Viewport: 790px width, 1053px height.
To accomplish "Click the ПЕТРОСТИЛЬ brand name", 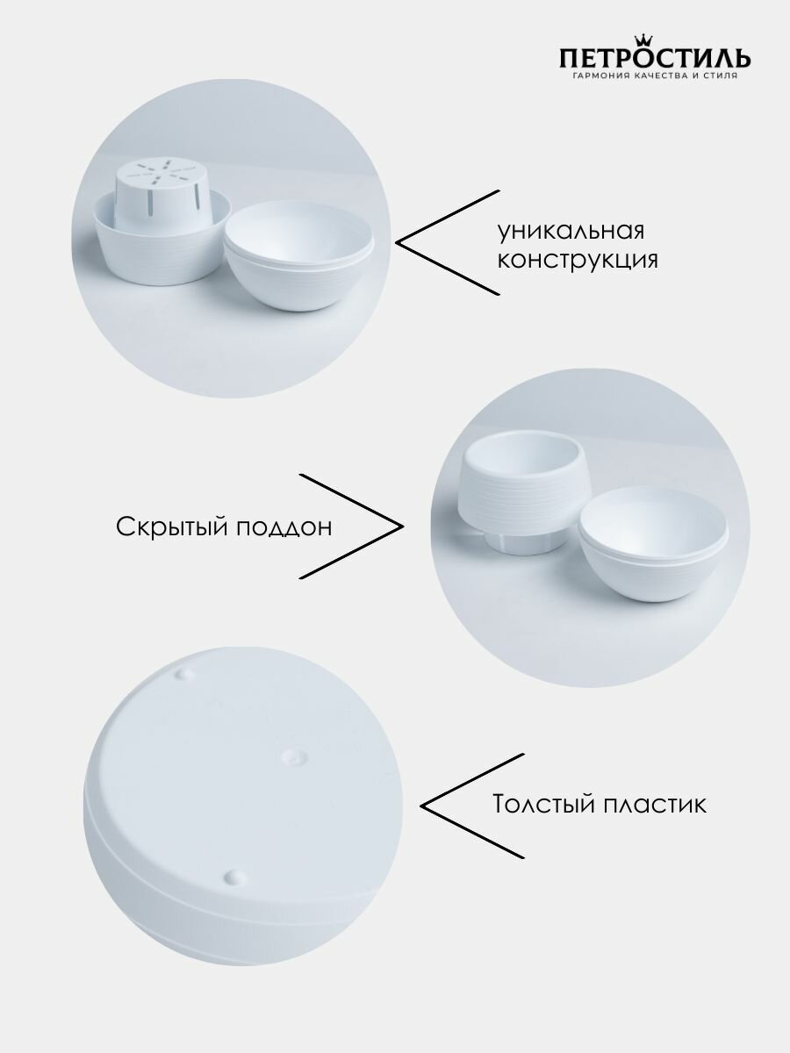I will tap(654, 59).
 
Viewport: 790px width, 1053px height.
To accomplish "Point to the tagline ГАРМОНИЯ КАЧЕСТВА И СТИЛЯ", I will tap(654, 76).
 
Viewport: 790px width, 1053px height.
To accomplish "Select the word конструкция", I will tap(578, 261).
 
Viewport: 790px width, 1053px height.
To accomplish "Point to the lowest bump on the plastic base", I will tap(233, 876).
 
